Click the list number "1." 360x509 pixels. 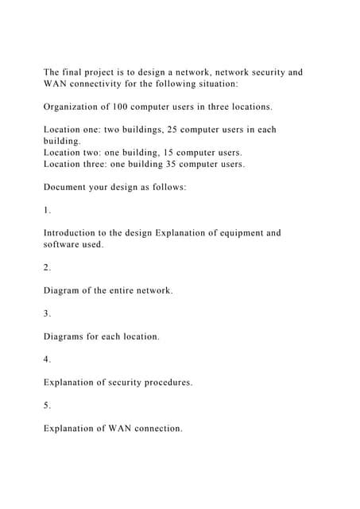click(x=47, y=210)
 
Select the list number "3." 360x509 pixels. click(x=48, y=313)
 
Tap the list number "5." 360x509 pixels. click(x=48, y=406)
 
